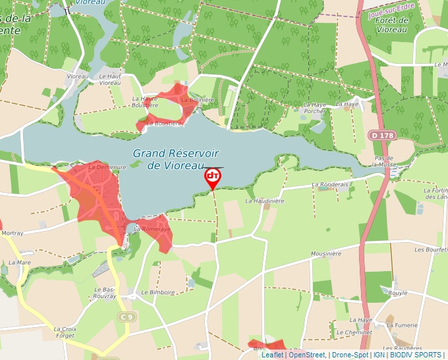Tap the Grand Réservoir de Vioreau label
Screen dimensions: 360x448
point(175,159)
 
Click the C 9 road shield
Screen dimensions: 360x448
point(127,317)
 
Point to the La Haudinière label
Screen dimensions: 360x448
point(265,201)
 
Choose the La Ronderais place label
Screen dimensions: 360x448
point(330,185)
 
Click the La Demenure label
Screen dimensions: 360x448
point(107,167)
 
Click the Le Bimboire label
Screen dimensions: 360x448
point(157,292)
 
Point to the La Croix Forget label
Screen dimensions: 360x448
point(66,332)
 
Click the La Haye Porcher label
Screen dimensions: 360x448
point(315,107)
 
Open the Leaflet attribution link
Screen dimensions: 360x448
point(272,355)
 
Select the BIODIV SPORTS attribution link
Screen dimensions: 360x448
point(416,355)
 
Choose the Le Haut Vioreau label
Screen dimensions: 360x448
point(109,80)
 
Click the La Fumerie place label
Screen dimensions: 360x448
point(407,324)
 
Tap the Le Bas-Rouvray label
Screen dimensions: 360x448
point(105,293)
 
